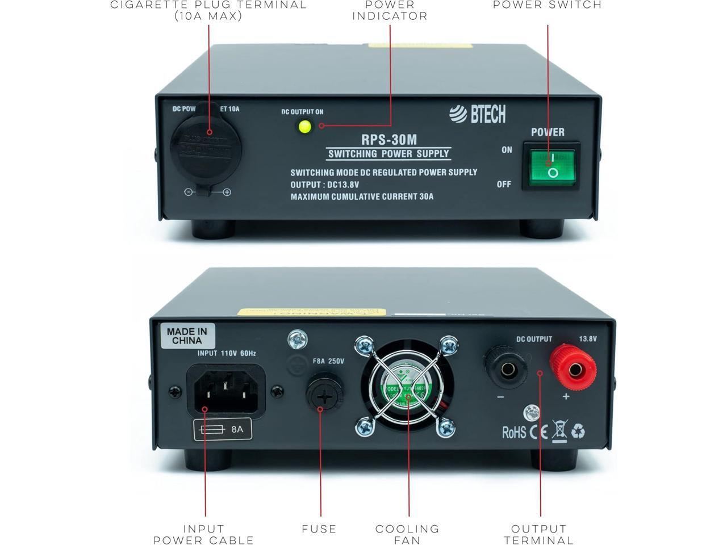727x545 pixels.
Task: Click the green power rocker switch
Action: (x=550, y=165)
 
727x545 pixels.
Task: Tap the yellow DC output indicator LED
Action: (x=306, y=127)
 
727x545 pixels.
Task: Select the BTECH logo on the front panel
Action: (x=477, y=114)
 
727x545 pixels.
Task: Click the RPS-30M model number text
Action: (x=389, y=139)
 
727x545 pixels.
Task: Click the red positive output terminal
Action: (x=574, y=370)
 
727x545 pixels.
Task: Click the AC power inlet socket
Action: (x=225, y=392)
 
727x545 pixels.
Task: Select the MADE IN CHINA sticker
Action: (x=187, y=336)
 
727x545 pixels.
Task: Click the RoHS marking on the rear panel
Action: (x=513, y=433)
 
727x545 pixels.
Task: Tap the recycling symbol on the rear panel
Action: (x=578, y=431)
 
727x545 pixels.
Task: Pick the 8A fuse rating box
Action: (x=222, y=429)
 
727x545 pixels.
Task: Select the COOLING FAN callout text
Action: (x=407, y=534)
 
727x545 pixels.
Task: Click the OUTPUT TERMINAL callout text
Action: (x=538, y=534)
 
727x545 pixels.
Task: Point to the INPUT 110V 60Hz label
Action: (x=226, y=353)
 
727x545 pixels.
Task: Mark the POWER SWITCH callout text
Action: (x=547, y=5)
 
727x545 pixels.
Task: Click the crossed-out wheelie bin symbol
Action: (x=559, y=431)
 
